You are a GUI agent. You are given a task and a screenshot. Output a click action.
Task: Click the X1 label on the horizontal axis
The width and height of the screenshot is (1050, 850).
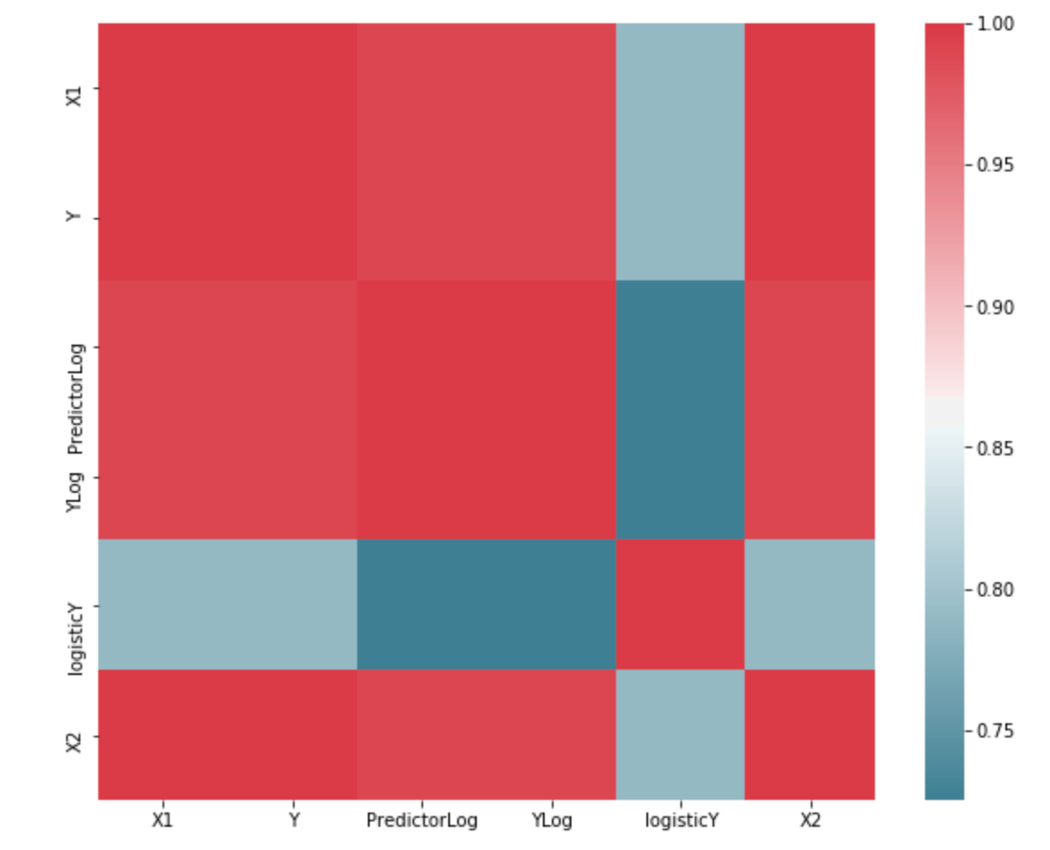[162, 821]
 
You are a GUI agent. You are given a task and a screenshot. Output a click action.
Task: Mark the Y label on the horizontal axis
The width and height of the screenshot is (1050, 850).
[292, 821]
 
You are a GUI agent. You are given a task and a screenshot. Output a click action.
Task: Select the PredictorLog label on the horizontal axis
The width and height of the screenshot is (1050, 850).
[421, 821]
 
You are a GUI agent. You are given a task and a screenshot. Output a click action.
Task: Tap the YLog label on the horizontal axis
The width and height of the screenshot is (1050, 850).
[551, 821]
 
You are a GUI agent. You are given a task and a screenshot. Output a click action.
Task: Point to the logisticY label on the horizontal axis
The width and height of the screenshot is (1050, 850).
[680, 821]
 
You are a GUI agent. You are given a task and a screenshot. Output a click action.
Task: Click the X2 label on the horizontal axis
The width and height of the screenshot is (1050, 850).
[810, 821]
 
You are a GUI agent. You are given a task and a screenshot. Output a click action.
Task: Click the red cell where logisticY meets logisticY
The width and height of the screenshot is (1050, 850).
[680, 604]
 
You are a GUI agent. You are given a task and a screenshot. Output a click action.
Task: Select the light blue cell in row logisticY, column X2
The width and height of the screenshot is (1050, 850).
[810, 604]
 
